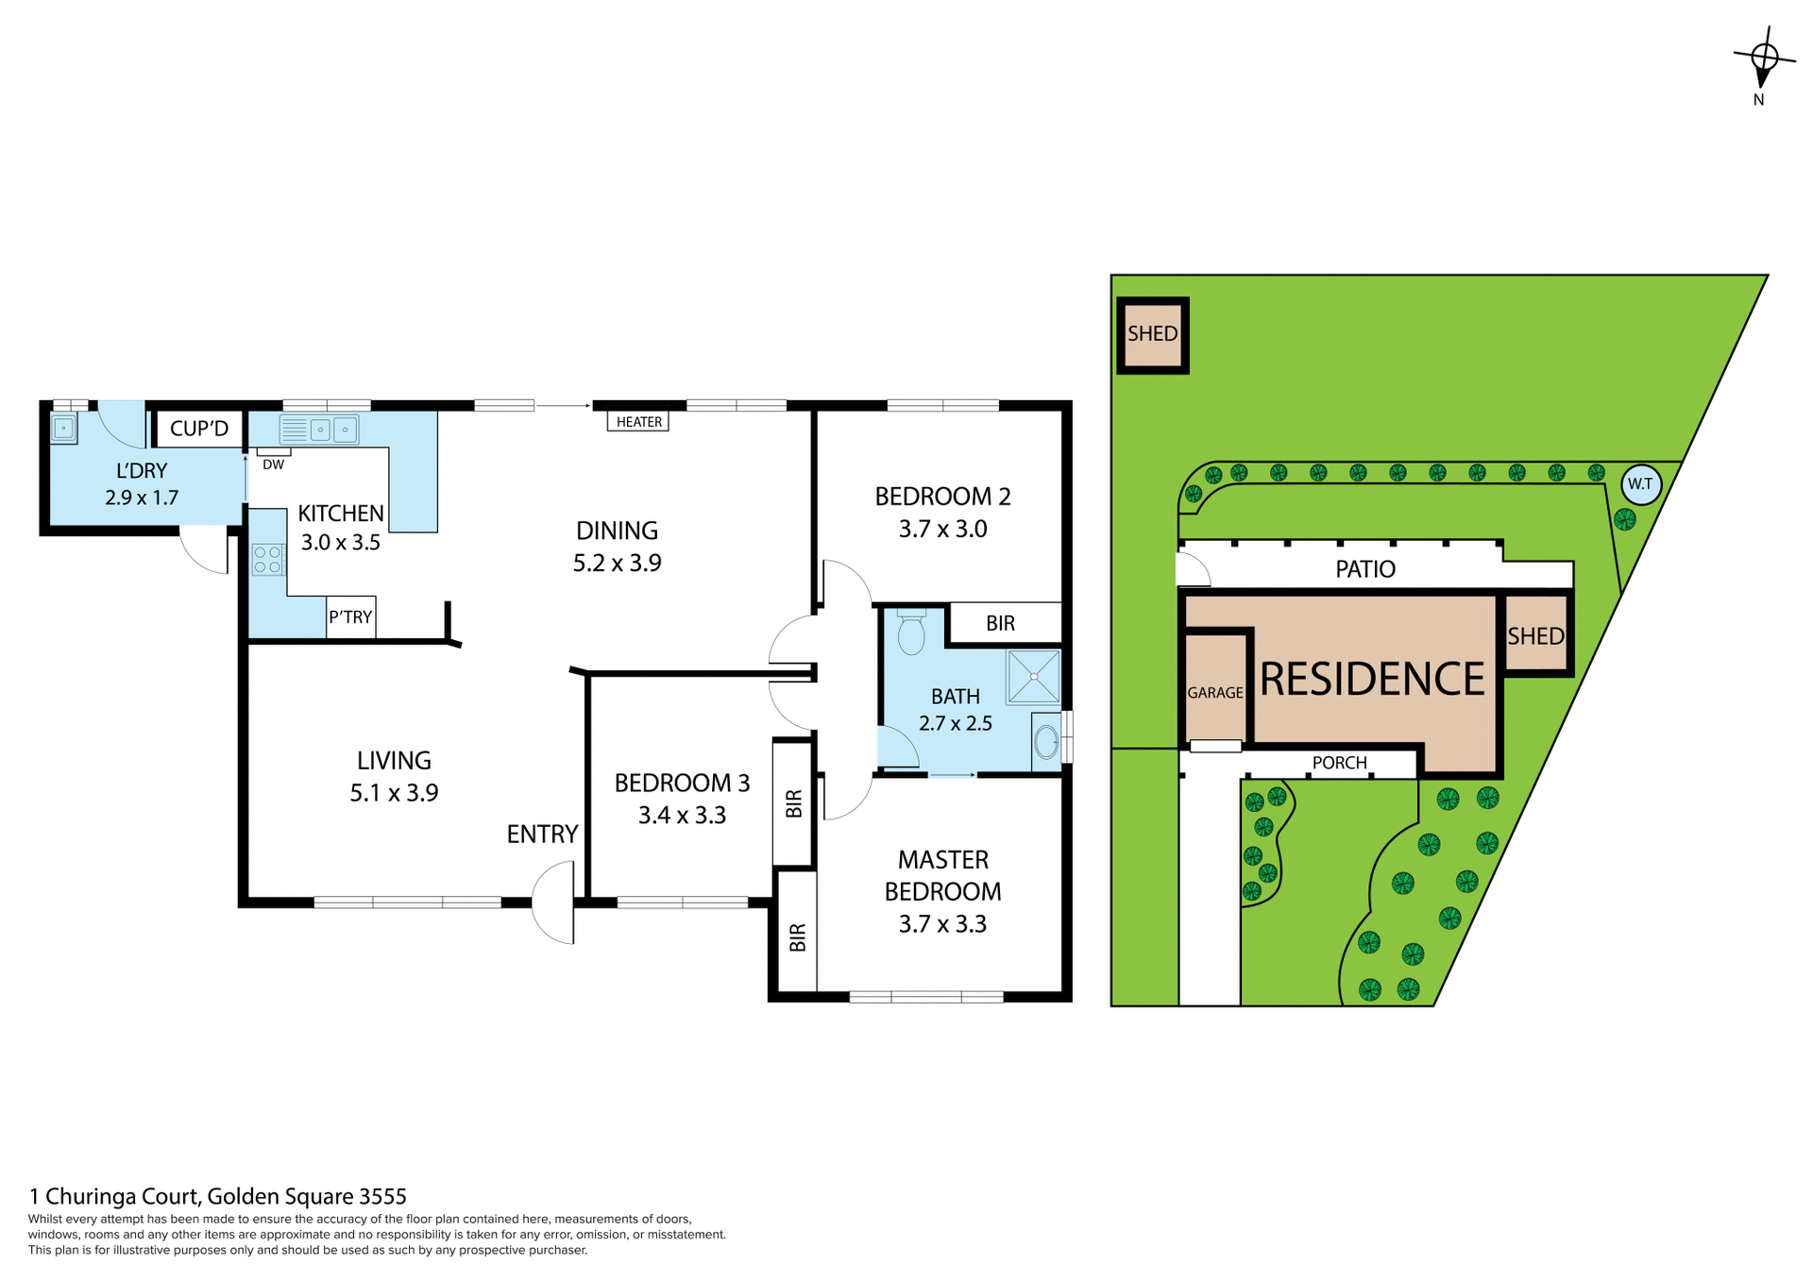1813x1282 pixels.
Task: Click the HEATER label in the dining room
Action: click(638, 422)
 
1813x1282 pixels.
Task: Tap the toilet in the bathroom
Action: click(911, 633)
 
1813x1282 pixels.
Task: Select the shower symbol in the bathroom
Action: click(1033, 676)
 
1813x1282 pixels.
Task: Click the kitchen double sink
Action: click(319, 430)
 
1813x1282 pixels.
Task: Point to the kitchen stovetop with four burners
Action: click(267, 560)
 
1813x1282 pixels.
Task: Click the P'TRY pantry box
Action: click(350, 617)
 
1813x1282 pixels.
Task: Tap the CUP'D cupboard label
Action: click(199, 429)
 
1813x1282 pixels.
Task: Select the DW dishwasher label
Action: click(273, 464)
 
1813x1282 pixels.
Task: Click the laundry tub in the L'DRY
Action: click(63, 429)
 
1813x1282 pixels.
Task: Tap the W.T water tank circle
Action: click(1640, 484)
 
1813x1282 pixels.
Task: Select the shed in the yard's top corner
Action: click(1152, 334)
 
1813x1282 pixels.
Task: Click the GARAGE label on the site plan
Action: click(1214, 693)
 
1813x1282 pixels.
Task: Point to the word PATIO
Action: click(1364, 569)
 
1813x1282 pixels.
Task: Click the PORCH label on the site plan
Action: click(1339, 763)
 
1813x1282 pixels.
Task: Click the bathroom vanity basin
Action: click(1046, 743)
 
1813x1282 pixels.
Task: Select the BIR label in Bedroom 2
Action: click(1000, 623)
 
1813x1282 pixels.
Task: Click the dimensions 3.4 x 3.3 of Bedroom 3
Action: click(682, 816)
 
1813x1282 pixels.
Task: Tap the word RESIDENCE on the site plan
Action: click(1372, 679)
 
